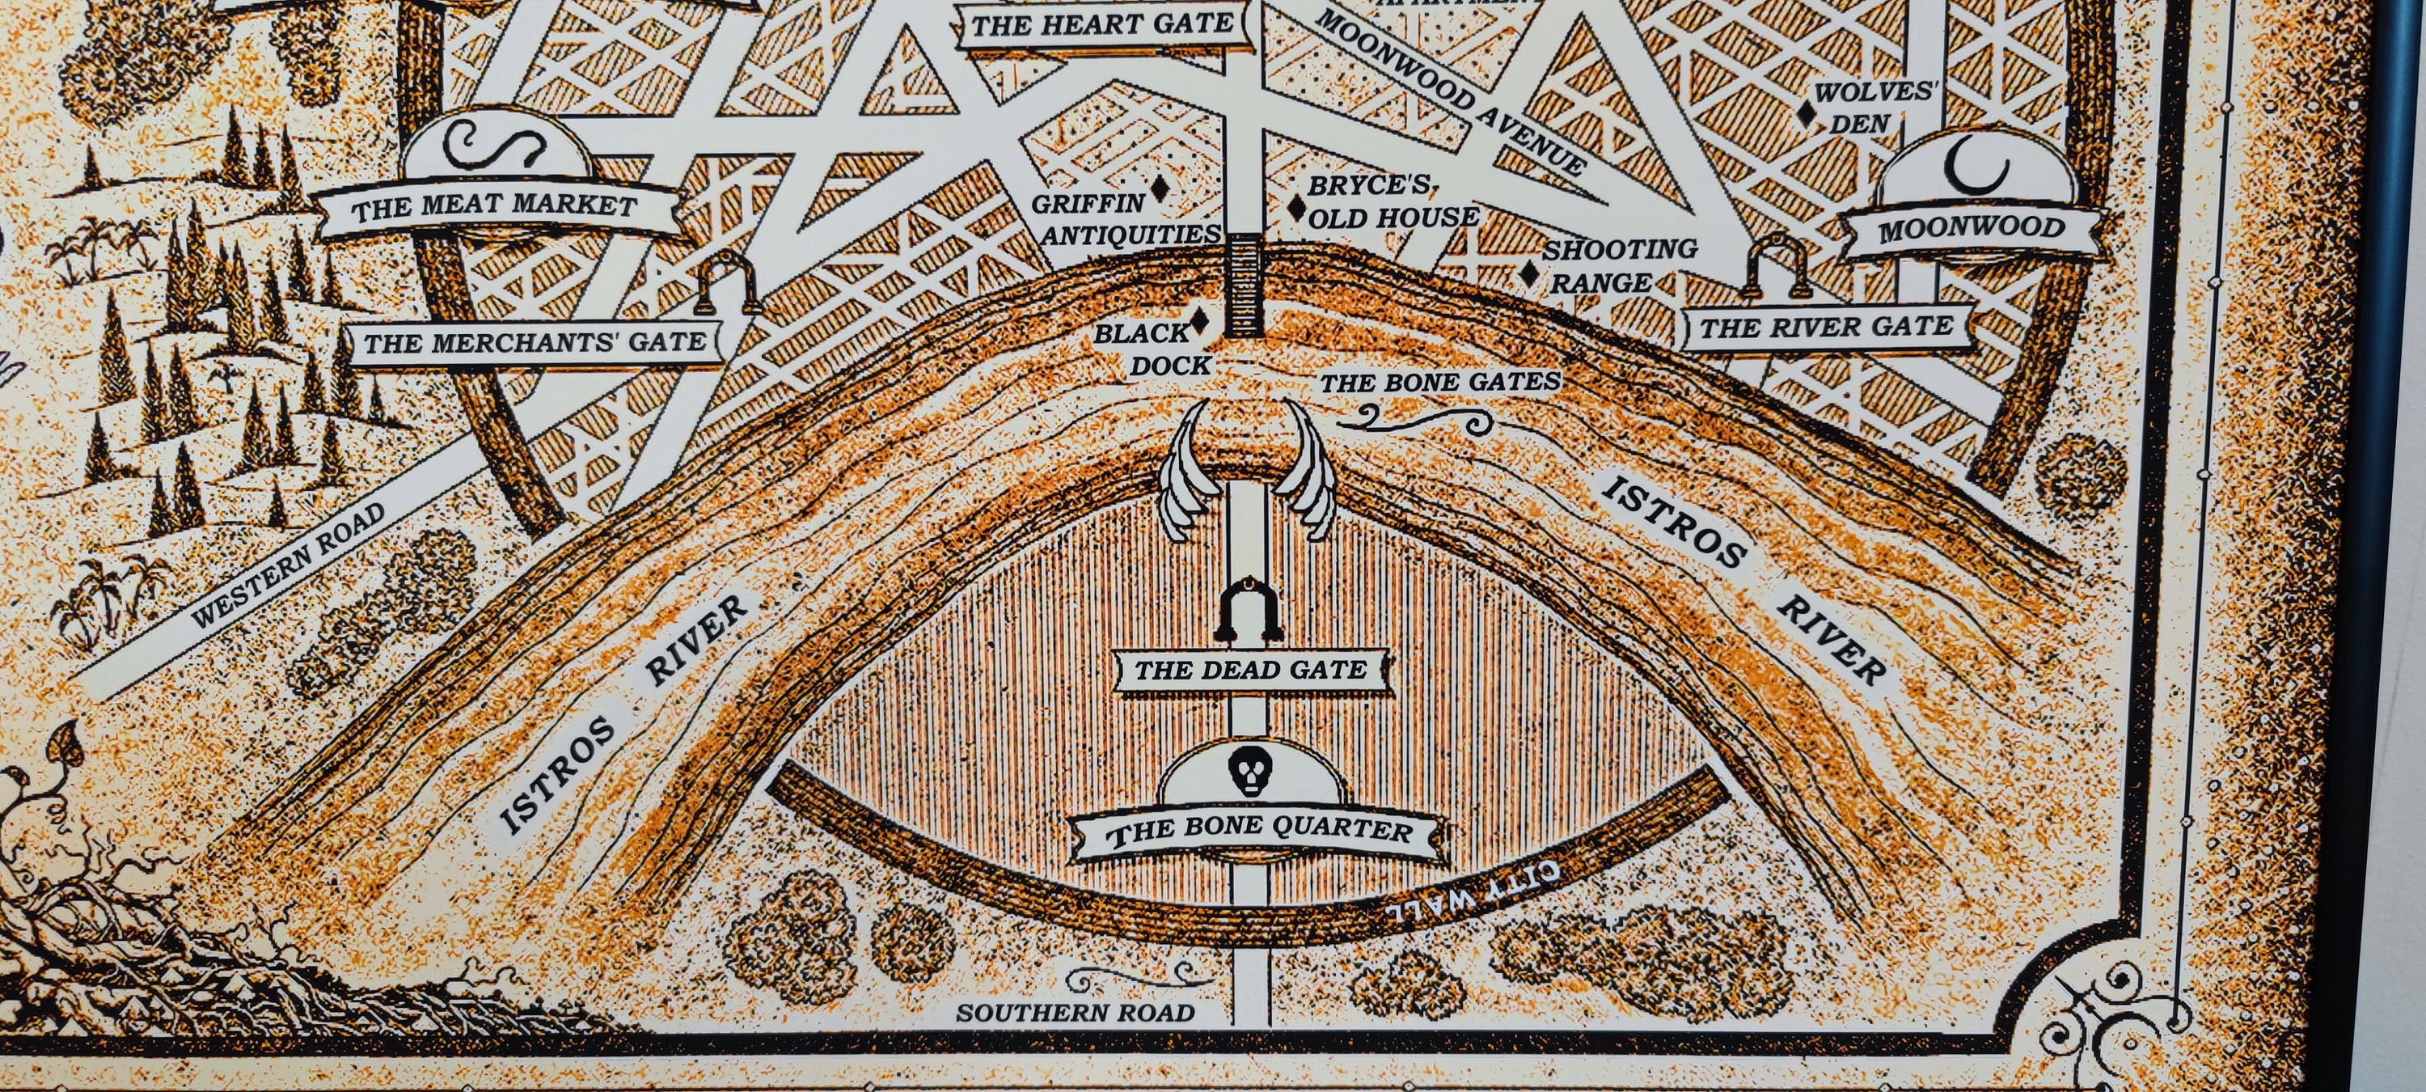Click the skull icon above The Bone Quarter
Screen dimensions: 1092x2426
coord(1249,772)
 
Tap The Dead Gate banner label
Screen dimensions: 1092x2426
coord(1251,671)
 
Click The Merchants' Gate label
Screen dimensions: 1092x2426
coord(535,343)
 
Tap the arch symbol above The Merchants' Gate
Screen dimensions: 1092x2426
coord(727,287)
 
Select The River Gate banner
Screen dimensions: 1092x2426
coord(1825,328)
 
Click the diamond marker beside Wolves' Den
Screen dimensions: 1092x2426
coord(1807,114)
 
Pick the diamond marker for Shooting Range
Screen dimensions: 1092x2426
coord(1529,273)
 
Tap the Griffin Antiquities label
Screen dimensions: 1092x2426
coord(1121,219)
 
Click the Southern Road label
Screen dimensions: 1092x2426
coord(1076,1014)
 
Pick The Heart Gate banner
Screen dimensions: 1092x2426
coord(1102,25)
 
